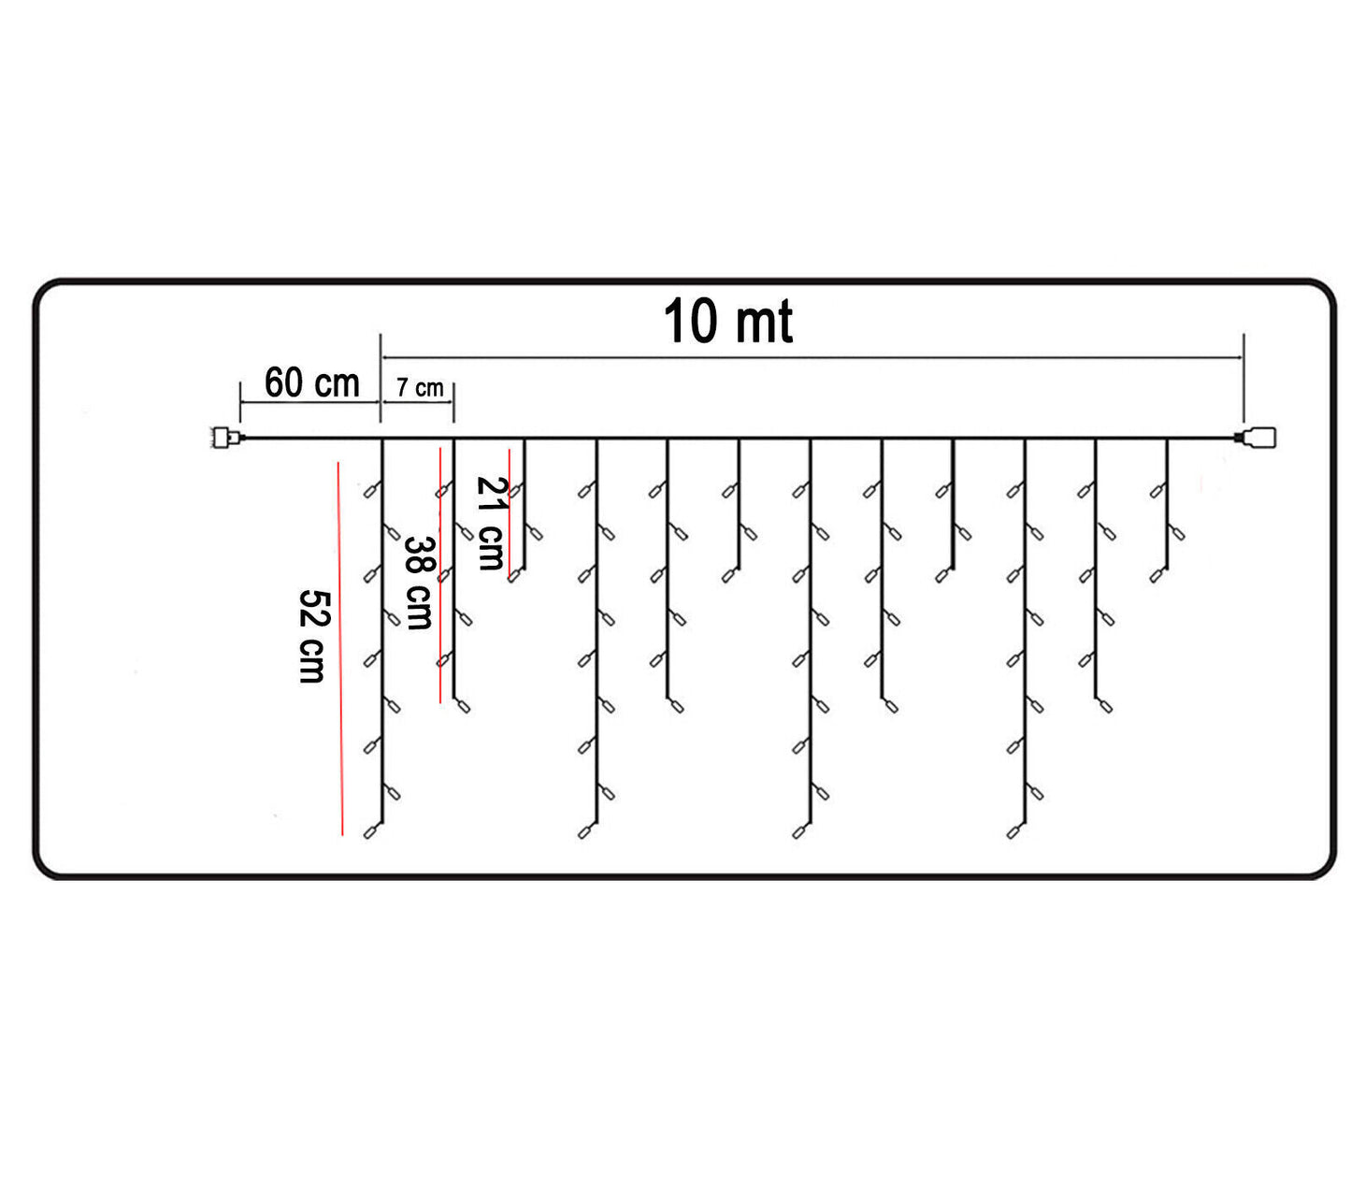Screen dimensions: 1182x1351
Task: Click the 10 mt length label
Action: [728, 323]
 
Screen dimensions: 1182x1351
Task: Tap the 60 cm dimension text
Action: [311, 382]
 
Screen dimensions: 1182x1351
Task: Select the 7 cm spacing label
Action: [419, 388]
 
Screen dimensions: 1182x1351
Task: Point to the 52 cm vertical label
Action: [311, 636]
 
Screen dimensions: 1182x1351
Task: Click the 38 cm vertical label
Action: [418, 582]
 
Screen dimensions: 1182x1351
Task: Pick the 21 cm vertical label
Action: [490, 523]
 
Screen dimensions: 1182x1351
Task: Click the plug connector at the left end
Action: [225, 437]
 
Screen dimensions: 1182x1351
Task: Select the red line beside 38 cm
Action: [439, 575]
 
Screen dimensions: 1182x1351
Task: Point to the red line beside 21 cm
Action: [509, 514]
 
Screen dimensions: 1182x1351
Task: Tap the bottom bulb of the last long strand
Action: [1014, 830]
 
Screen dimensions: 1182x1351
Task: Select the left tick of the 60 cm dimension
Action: [241, 401]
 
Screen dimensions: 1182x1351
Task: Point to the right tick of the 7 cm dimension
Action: [453, 402]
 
